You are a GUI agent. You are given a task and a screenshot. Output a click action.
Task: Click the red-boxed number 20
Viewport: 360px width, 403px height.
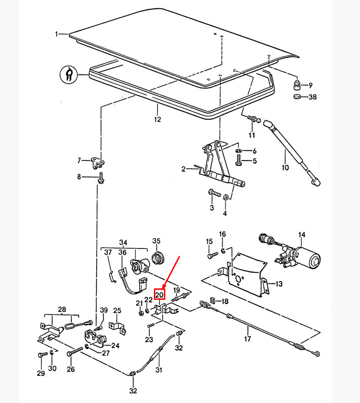[159, 294]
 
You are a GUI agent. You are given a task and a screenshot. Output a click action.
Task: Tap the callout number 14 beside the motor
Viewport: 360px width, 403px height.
[302, 236]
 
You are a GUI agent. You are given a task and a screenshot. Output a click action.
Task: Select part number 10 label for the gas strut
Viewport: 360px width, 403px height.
[285, 167]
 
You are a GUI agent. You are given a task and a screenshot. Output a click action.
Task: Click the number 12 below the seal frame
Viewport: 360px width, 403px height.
[158, 120]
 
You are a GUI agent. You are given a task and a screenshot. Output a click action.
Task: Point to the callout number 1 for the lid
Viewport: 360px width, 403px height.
[57, 34]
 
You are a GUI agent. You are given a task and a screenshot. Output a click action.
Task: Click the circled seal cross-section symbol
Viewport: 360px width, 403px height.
[69, 74]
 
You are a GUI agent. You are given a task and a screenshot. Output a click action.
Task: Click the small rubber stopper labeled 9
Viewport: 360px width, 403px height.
[297, 85]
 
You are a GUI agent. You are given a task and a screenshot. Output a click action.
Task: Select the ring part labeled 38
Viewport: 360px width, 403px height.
[297, 97]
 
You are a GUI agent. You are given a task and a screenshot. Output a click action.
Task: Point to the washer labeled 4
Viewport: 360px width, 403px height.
[226, 197]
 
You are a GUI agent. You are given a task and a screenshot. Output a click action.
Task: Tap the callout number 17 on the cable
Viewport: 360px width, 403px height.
[248, 340]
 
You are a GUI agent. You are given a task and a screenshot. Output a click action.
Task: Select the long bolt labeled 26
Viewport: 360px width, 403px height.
[76, 352]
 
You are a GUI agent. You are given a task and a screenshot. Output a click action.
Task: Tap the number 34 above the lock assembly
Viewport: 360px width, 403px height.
[123, 243]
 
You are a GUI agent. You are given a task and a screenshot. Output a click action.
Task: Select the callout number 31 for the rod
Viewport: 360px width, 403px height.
[159, 370]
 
